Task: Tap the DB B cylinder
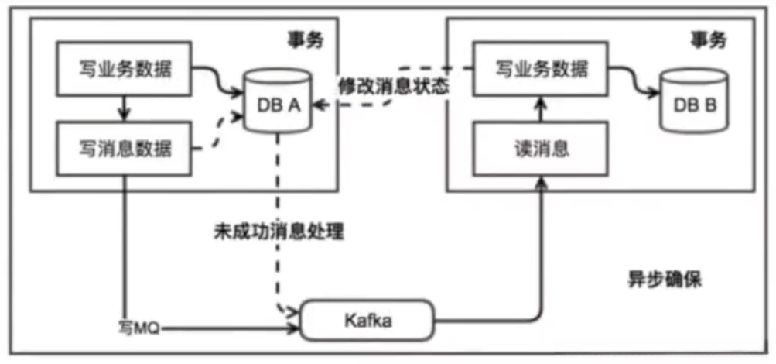click(693, 101)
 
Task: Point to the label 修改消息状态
click(392, 86)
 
